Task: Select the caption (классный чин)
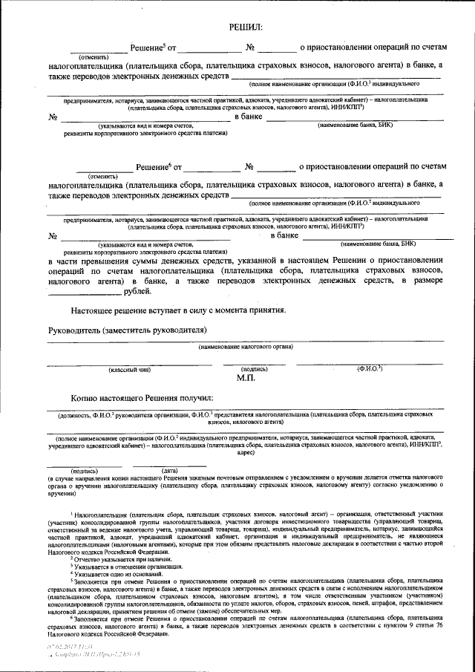[x=131, y=369]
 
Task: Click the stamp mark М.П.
[x=246, y=379]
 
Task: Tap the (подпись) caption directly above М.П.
[x=255, y=369]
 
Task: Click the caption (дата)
[x=169, y=471]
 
